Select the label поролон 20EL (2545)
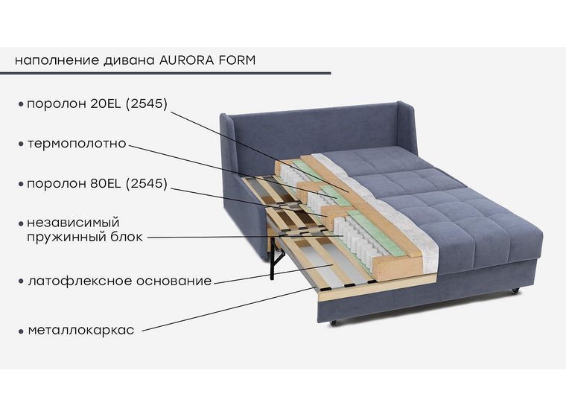pos(98,104)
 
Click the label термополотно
pos(77,144)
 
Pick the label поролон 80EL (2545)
pos(98,183)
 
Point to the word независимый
pos(73,223)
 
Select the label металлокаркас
pos(81,330)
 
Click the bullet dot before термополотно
pos(21,144)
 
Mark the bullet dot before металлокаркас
pos(21,331)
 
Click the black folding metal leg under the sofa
pos(276,258)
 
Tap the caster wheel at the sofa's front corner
pos(333,322)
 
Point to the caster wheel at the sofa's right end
pos(515,290)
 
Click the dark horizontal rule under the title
pos(165,73)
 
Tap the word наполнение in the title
pos(57,60)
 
